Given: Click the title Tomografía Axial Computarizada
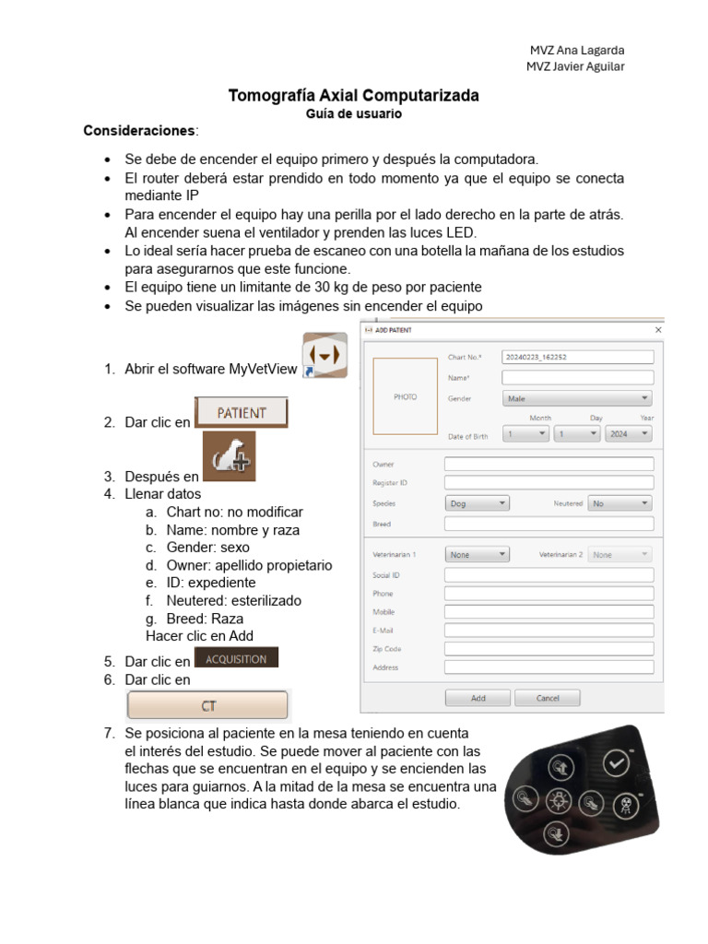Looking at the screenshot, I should (353, 96).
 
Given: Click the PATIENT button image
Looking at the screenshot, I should (242, 413).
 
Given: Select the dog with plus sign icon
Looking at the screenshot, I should (229, 457).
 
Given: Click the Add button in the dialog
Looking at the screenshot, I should (478, 698).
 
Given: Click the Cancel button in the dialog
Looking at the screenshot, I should (548, 698).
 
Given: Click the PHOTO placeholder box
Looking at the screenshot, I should (405, 396).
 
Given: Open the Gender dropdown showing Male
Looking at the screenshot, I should (577, 398).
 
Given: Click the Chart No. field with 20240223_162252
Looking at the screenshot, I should (577, 357).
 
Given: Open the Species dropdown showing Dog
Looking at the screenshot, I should (477, 503).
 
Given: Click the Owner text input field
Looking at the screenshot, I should (549, 464).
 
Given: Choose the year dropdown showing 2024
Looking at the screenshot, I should (629, 433).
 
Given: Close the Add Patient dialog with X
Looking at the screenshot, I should (658, 329).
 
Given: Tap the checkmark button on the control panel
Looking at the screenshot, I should (615, 762).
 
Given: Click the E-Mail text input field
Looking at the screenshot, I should (549, 631).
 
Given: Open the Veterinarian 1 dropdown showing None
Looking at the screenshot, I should (477, 555).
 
